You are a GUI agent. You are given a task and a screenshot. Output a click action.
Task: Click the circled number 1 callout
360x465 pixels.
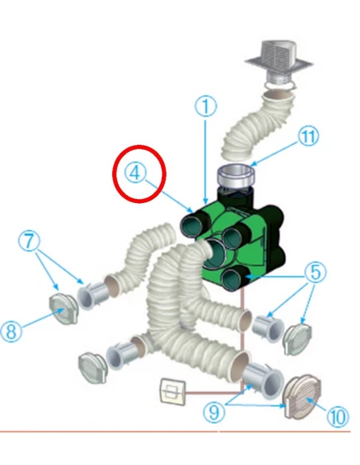coord(205,106)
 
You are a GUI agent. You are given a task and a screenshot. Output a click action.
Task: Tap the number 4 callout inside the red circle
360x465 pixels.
coord(135,173)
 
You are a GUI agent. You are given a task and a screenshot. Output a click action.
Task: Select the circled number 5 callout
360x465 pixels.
coord(315,272)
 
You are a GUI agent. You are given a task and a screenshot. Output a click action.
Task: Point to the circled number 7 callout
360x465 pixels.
coord(29,240)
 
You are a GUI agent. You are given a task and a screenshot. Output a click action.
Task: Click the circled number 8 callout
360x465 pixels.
coord(11,331)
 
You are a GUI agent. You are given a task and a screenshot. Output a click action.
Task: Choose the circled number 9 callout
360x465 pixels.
coord(213,412)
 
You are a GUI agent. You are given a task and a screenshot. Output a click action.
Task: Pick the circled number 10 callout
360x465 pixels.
coord(338,416)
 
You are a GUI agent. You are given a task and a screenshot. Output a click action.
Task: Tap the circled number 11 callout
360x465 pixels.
coord(308,136)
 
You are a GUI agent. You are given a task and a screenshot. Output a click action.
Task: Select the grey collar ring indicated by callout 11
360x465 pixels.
coord(237,177)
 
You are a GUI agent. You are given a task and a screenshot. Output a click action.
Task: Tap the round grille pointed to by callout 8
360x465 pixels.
coord(64,308)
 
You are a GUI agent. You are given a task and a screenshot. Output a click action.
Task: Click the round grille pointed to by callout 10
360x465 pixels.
coord(303,397)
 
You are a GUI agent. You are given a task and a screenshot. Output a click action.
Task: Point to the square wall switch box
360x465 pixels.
coord(173,391)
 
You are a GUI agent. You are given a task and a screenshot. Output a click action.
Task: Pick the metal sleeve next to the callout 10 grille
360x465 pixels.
coord(263,381)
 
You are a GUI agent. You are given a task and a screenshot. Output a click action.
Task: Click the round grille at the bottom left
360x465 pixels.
coord(93,368)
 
